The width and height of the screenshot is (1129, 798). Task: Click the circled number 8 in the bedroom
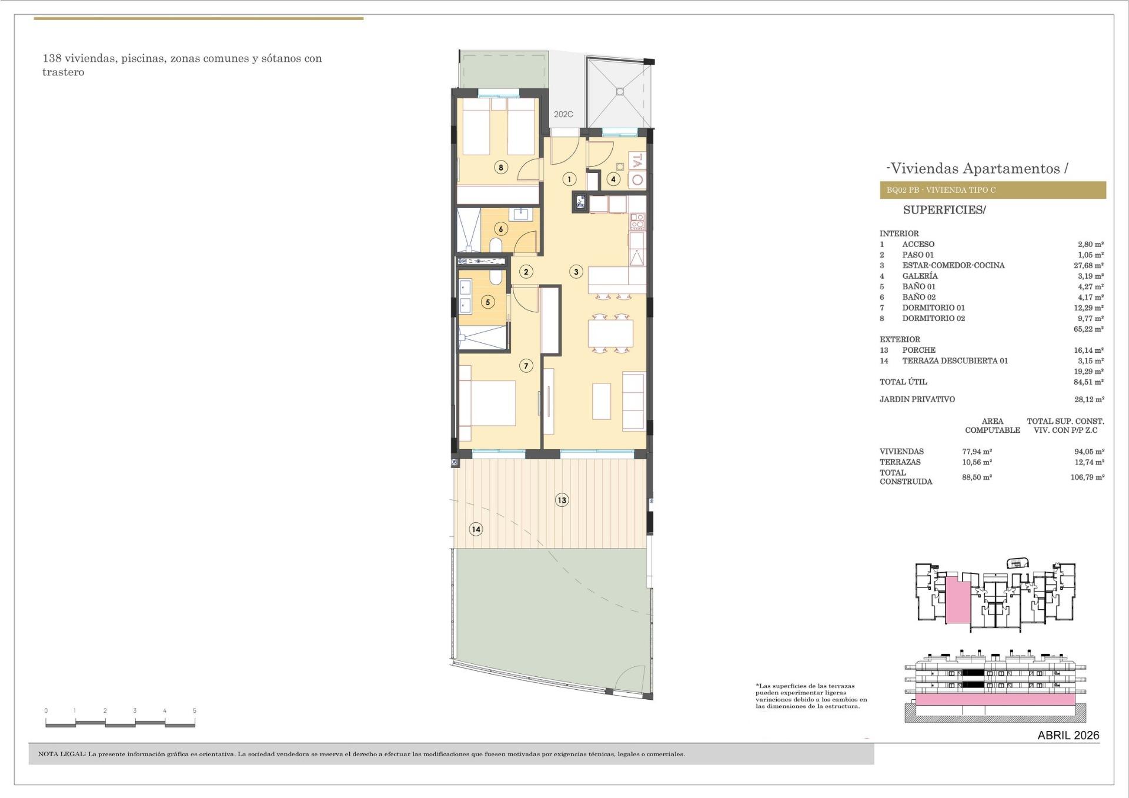tap(501, 168)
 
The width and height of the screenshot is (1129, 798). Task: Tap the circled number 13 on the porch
tap(562, 500)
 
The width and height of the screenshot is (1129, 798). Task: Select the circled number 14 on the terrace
tap(476, 529)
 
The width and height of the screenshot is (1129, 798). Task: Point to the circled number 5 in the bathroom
tap(487, 302)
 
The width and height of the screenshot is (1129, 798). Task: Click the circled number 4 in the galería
tap(613, 179)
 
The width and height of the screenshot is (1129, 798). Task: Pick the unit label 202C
tap(563, 115)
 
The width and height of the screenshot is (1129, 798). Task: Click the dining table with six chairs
tap(610, 333)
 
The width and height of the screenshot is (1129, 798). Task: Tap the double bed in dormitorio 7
tap(487, 403)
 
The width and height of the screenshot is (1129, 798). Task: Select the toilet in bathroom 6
tap(496, 245)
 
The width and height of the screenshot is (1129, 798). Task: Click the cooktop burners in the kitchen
tap(637, 221)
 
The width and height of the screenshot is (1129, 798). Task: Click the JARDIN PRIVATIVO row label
tap(917, 399)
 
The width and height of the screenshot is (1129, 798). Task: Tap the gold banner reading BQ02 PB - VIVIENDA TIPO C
tap(992, 190)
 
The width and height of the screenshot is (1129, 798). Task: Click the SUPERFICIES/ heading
tap(944, 210)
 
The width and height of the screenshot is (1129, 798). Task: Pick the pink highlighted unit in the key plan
tap(957, 600)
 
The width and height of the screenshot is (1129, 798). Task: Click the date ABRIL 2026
tap(1068, 735)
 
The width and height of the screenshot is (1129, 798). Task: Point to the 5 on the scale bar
tap(195, 711)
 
